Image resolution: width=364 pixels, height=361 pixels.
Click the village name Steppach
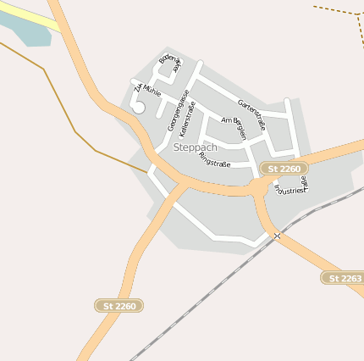195,147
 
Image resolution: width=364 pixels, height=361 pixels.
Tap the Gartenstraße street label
252,115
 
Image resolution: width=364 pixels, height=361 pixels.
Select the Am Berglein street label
234,128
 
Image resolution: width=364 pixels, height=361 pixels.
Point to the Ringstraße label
213,157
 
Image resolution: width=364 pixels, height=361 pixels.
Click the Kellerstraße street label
188,119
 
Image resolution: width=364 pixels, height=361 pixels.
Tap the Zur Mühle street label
146,92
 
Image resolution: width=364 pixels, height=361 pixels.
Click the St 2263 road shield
343,278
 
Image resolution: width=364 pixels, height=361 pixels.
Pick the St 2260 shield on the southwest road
119,305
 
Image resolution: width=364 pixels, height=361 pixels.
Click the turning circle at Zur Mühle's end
139,108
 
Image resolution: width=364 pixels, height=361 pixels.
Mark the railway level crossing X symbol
277,236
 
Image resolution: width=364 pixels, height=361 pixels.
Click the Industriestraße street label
292,186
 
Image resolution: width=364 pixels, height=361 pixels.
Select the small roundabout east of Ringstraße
258,186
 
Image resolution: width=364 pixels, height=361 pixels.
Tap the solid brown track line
59,102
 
